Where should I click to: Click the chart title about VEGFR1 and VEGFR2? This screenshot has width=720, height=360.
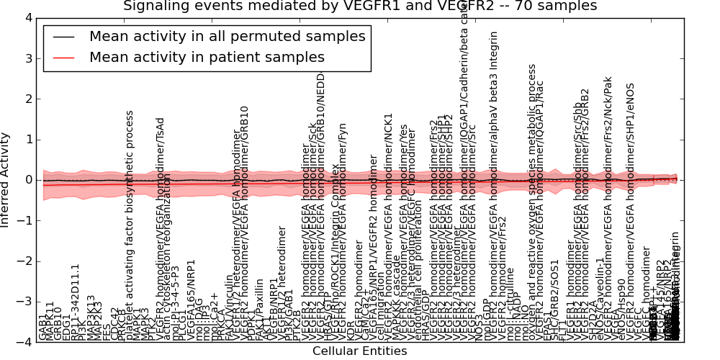coord(360,6)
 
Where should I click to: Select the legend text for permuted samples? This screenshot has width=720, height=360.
coord(227,36)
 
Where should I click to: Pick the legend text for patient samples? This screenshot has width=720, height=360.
coord(207,57)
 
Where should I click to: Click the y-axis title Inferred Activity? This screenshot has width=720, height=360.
coord(6,180)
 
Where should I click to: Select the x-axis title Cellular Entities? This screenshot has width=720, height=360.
coord(360,351)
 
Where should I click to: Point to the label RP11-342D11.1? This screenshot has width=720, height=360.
coord(75,302)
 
